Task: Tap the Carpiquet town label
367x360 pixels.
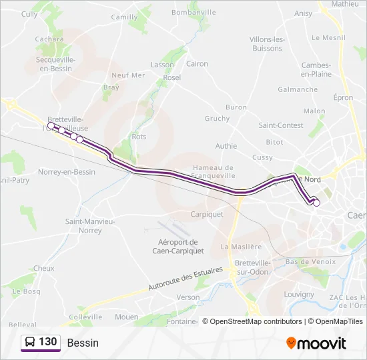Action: [x=206, y=215]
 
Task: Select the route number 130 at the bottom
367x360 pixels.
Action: [x=47, y=342]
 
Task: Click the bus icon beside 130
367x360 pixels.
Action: [x=30, y=342]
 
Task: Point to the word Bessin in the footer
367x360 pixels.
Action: [x=83, y=343]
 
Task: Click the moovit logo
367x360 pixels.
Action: [x=316, y=343]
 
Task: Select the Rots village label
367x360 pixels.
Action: [x=139, y=137]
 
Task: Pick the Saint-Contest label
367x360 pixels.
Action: [x=281, y=125]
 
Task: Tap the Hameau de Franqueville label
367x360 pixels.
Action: [x=213, y=172]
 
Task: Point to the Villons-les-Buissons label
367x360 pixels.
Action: [x=266, y=43]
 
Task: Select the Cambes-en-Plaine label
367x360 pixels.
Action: [x=316, y=69]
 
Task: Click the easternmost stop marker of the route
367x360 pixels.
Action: [x=316, y=203]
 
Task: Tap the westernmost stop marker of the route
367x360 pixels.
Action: [x=51, y=125]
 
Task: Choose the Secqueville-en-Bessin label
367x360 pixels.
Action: [x=55, y=63]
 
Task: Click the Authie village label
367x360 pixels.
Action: [x=226, y=145]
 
